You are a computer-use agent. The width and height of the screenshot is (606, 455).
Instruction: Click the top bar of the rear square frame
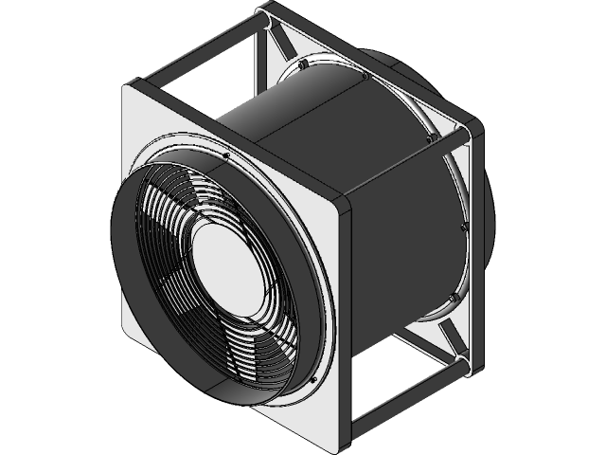[369, 57]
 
